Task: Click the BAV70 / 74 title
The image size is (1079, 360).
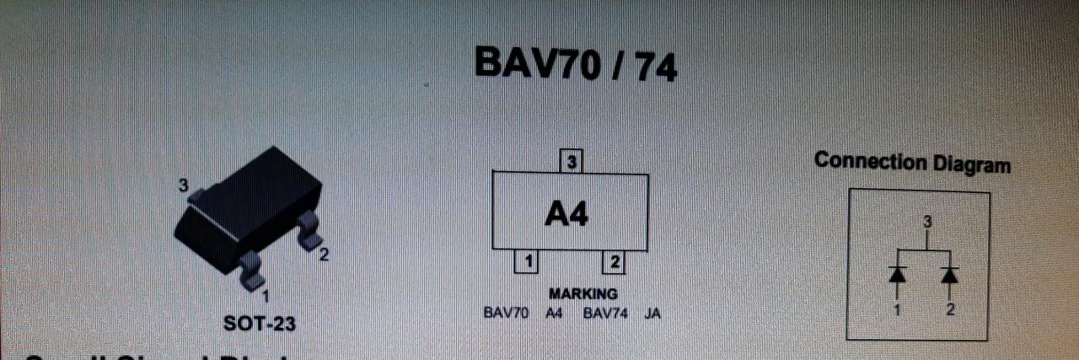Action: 576,63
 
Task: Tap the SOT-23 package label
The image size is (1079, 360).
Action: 260,323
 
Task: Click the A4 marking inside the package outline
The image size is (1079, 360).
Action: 566,215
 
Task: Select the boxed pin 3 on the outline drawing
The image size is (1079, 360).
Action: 572,161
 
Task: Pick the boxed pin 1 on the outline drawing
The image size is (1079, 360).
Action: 527,262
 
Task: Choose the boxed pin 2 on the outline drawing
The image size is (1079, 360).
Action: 614,262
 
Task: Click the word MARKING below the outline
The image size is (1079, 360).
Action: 582,294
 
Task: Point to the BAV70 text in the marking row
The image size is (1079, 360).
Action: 506,314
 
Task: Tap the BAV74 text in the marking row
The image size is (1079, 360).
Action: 605,314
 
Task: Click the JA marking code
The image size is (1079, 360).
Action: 652,314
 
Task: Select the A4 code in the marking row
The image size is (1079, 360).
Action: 554,314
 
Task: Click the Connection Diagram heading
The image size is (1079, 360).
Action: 912,162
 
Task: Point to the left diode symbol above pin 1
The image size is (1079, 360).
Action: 897,275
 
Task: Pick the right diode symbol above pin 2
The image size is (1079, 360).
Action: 950,275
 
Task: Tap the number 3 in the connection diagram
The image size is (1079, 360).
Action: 927,223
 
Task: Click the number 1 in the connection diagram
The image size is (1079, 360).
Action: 897,309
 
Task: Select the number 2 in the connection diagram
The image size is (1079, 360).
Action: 950,309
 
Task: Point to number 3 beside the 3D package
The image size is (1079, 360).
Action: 183,185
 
